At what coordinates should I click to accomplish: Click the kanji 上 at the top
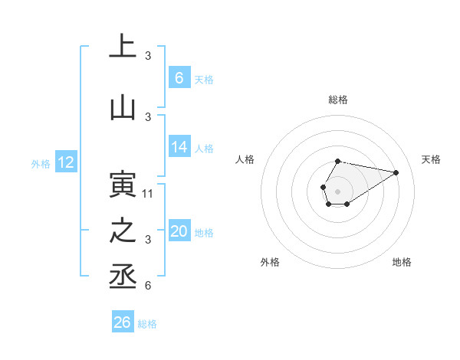123,46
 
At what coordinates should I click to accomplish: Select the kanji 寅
123,186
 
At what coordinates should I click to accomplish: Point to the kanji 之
123,231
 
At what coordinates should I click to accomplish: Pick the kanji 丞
123,276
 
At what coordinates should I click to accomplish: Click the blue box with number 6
179,77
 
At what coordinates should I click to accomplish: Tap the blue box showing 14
179,148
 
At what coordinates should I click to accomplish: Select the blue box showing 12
66,162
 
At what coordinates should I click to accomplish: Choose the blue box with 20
179,232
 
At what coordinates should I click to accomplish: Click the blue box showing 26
123,322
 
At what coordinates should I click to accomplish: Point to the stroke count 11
148,193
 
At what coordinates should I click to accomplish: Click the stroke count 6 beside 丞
148,286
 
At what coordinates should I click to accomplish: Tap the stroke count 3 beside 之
148,240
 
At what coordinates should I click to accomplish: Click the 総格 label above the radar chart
338,100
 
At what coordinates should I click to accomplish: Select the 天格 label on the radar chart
432,159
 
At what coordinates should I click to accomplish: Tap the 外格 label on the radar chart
270,262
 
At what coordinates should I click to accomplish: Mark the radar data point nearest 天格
396,172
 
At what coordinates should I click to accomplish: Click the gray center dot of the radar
337,190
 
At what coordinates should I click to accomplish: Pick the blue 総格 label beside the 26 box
147,324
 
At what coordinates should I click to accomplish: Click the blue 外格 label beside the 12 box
41,163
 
